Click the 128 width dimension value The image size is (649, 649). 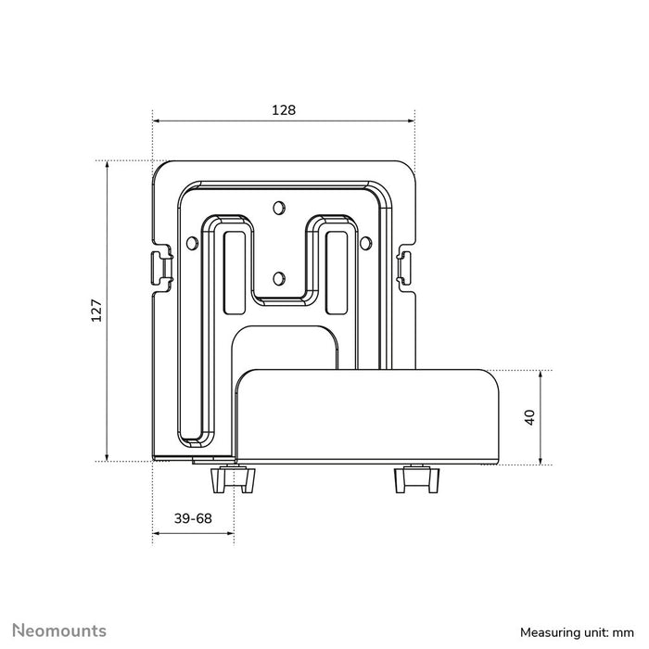click(284, 109)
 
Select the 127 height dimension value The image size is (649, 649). click(96, 311)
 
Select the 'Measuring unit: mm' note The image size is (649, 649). click(579, 632)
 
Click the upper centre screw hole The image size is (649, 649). click(282, 207)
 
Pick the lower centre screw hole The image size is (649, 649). click(282, 275)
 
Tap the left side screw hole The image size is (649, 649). click(191, 243)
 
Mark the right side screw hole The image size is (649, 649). click(365, 243)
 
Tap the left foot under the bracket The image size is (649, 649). click(233, 480)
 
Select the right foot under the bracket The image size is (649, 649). click(414, 480)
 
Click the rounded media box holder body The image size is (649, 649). click(371, 413)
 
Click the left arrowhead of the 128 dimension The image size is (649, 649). click(157, 121)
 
